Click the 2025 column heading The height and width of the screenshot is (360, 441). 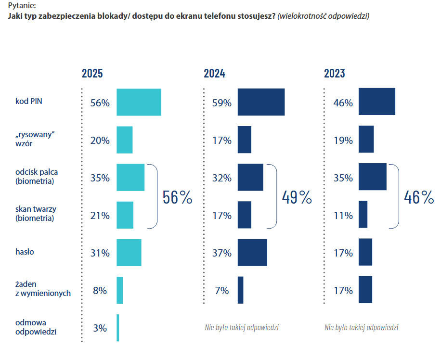[92, 74]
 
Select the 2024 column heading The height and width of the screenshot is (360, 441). [214, 74]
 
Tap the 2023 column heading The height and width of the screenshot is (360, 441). [334, 74]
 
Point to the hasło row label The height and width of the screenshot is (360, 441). [25, 252]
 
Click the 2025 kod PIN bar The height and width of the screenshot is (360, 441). [139, 102]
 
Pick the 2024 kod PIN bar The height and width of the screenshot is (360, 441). [261, 102]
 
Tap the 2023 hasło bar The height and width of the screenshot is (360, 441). [365, 252]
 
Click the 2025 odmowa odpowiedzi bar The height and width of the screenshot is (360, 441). [117, 328]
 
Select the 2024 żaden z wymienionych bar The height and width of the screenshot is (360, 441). [240, 290]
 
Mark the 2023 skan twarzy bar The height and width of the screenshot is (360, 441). [363, 215]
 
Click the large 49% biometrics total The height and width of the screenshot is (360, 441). [297, 197]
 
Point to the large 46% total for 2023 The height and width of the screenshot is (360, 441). [419, 197]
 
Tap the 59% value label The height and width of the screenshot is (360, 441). [222, 103]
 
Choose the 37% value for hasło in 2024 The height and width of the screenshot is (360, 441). [222, 253]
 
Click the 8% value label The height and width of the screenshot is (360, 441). [100, 291]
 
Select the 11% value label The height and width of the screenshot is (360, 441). [343, 216]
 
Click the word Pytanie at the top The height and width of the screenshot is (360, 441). [22, 6]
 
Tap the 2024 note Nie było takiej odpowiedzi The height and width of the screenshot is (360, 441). [242, 328]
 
